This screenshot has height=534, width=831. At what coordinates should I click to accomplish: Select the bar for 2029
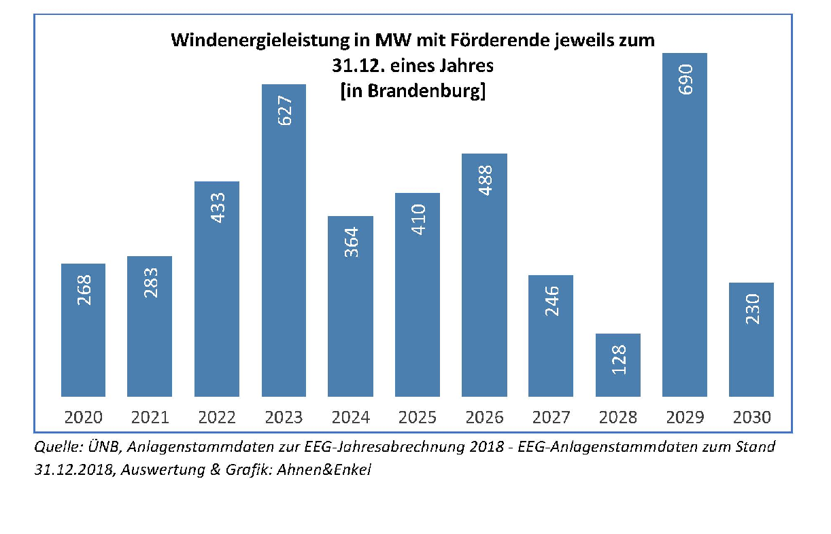684,224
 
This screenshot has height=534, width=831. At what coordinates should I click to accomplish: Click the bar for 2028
617,365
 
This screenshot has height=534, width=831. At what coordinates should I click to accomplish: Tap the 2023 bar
284,241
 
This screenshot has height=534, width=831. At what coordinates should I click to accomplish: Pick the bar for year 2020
83,330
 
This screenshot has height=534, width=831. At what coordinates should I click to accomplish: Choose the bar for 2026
484,274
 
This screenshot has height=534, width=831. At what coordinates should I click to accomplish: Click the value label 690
685,79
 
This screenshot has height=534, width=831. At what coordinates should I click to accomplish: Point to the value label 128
618,361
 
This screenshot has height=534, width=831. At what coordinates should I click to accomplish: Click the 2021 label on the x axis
150,416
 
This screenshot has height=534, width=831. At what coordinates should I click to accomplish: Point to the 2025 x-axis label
418,416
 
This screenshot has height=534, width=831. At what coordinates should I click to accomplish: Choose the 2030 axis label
751,416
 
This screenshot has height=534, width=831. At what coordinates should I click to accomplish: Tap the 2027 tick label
552,416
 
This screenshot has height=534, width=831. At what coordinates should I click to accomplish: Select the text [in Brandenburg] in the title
412,90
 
